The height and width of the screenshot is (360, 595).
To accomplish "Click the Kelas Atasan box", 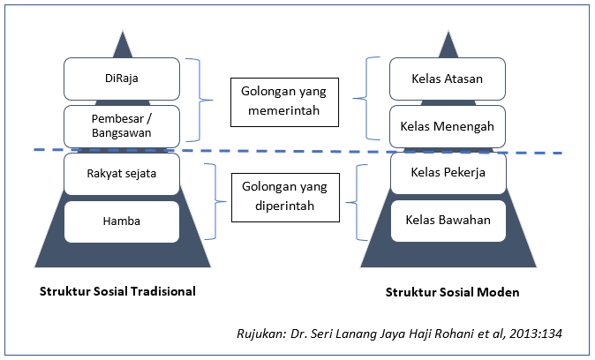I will [x=448, y=79].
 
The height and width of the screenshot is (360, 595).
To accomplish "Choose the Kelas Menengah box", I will [x=448, y=126].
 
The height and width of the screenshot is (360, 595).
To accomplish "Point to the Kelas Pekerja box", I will [x=448, y=173].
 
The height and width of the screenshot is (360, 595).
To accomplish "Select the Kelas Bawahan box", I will [x=448, y=219].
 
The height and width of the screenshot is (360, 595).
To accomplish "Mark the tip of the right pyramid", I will [x=448, y=29].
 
